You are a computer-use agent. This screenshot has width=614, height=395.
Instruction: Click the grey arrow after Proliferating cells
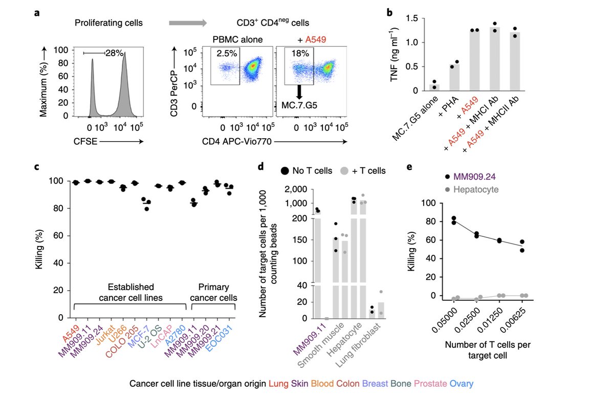tap(187, 23)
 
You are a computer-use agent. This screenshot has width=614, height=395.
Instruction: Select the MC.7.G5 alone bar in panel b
tap(434, 87)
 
